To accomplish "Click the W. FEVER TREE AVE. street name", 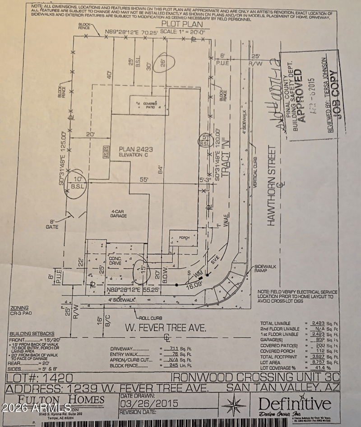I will point(153,327).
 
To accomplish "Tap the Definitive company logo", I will point(295,403).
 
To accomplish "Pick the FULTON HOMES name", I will point(60,399).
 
